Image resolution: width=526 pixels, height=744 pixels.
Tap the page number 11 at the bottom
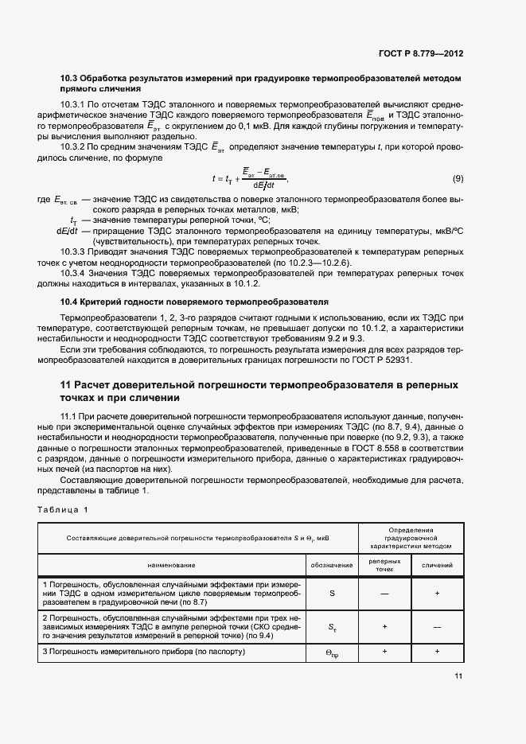458,676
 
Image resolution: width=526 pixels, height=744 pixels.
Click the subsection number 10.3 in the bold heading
70,79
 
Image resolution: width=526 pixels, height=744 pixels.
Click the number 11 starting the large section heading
68,385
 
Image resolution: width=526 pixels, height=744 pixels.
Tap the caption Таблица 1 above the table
64,509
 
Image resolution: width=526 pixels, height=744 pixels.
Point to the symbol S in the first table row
332,594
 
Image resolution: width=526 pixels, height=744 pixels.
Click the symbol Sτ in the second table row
332,627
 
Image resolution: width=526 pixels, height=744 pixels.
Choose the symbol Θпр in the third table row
332,653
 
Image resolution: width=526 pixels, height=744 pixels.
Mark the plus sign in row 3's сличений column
437,652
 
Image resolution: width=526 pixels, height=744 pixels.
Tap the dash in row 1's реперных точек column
384,594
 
